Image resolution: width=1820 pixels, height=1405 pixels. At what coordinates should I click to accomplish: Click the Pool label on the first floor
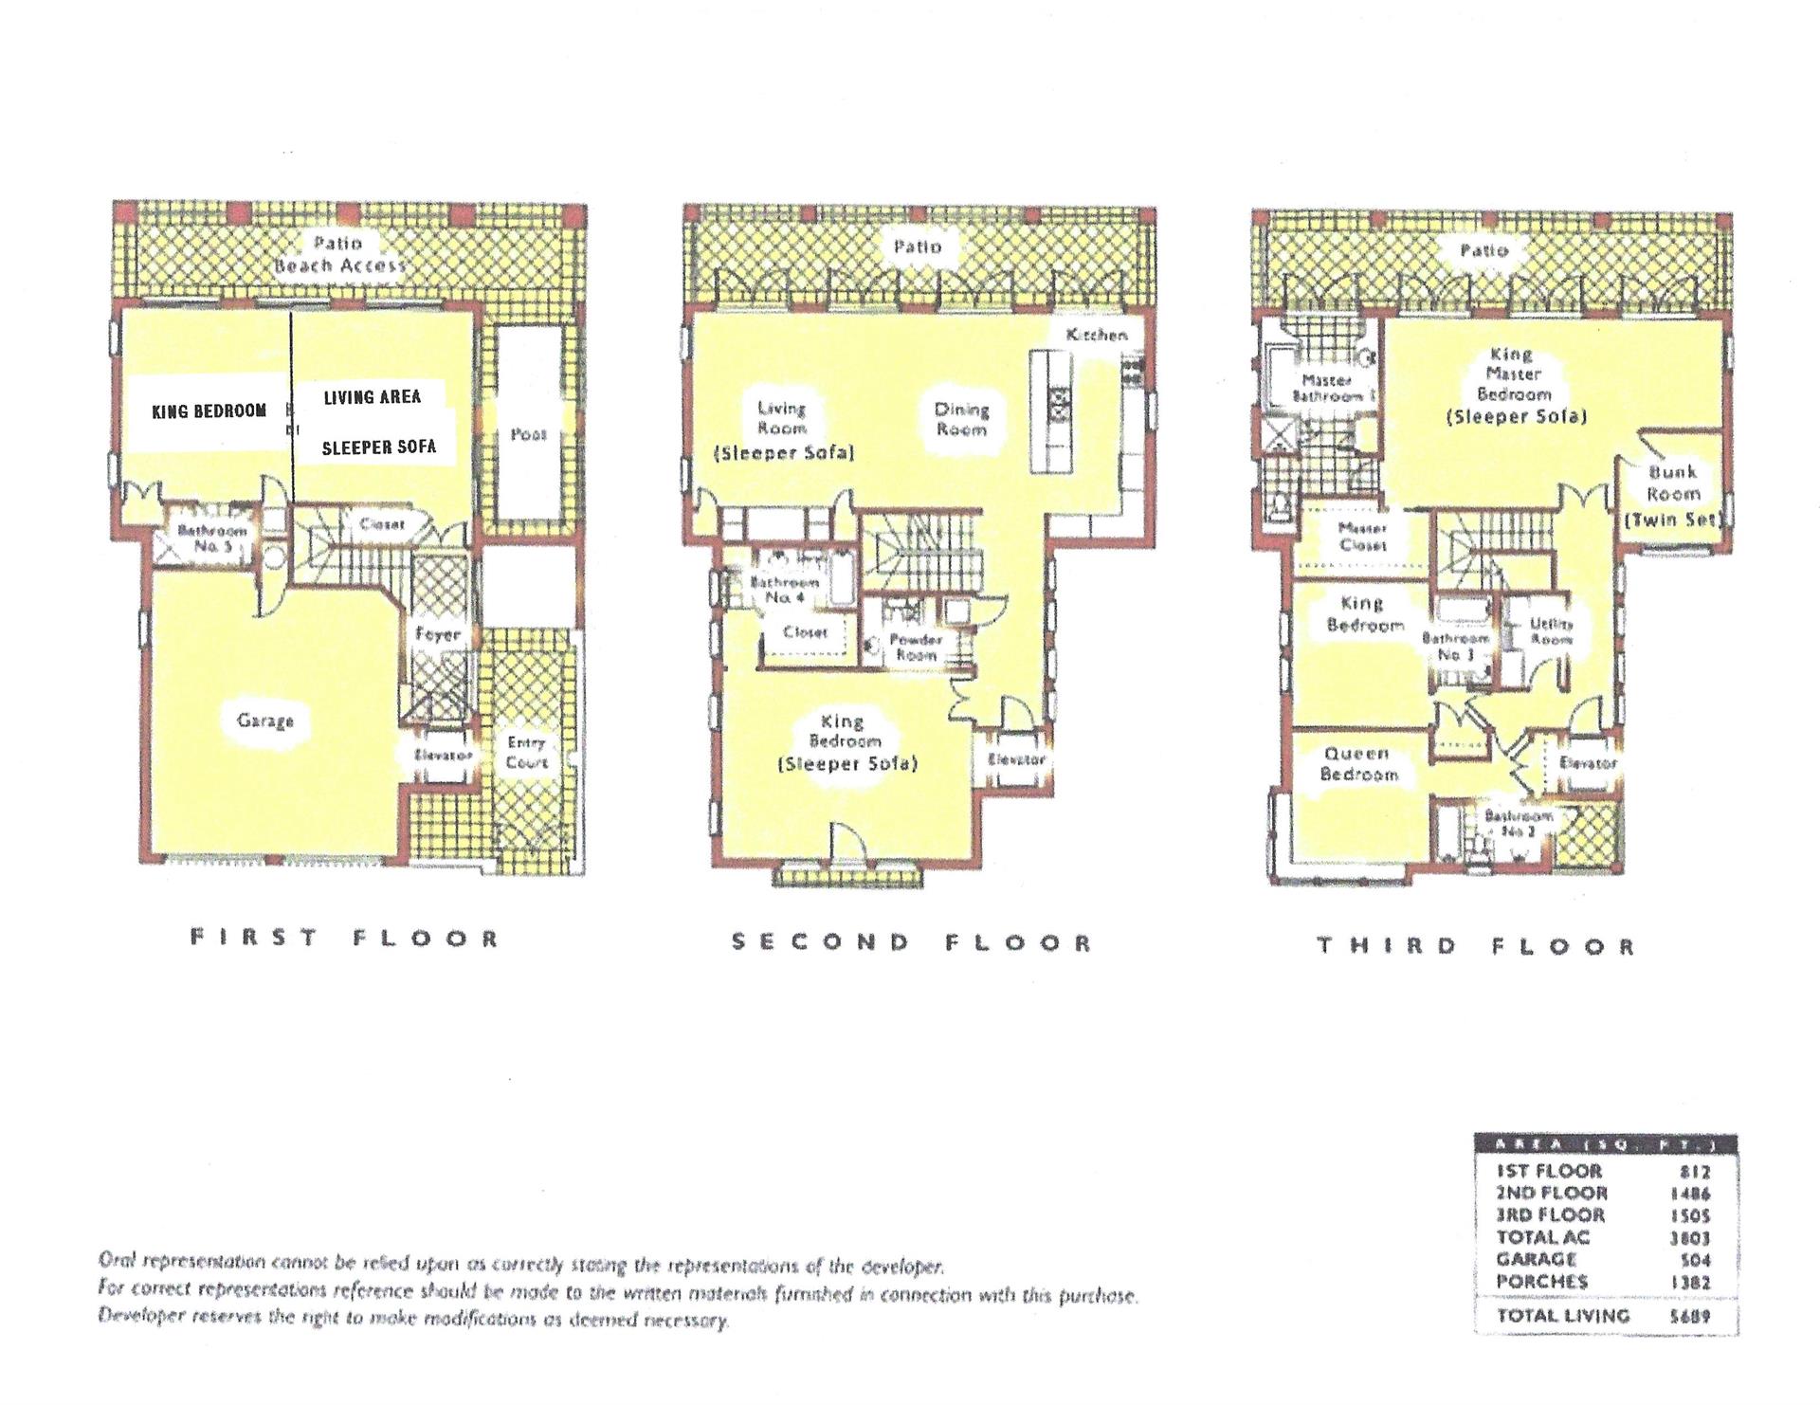coord(528,434)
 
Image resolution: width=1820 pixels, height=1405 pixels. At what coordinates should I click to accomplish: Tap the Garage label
coord(264,721)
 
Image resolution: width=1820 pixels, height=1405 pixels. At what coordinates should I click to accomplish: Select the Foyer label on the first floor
coord(437,634)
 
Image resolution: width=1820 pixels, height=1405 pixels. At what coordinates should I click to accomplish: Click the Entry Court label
coord(526,753)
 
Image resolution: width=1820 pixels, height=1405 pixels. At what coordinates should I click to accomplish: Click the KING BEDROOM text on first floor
coord(209,411)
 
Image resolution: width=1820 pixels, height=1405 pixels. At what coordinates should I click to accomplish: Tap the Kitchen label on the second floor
coord(1096,335)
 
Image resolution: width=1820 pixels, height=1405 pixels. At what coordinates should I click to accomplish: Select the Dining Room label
coord(961,419)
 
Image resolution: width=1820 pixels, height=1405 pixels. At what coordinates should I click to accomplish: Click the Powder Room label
coord(915,647)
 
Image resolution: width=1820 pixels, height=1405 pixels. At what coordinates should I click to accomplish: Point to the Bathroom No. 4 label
coord(784,590)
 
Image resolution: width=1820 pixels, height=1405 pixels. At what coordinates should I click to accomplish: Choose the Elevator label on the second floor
coord(1015,759)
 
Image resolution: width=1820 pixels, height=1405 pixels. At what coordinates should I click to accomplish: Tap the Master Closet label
coord(1362,537)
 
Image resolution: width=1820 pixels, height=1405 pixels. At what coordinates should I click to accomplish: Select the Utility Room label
coord(1551,631)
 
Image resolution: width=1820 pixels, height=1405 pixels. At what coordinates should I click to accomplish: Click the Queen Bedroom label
coord(1357,764)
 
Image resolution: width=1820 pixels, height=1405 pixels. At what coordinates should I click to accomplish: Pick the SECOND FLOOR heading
coord(912,942)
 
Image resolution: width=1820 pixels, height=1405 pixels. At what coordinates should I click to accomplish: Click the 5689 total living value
coord(1690,1316)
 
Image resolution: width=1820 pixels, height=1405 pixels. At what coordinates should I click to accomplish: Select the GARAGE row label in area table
coord(1536,1259)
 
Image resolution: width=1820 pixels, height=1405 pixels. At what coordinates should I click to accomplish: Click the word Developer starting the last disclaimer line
coord(136,1318)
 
